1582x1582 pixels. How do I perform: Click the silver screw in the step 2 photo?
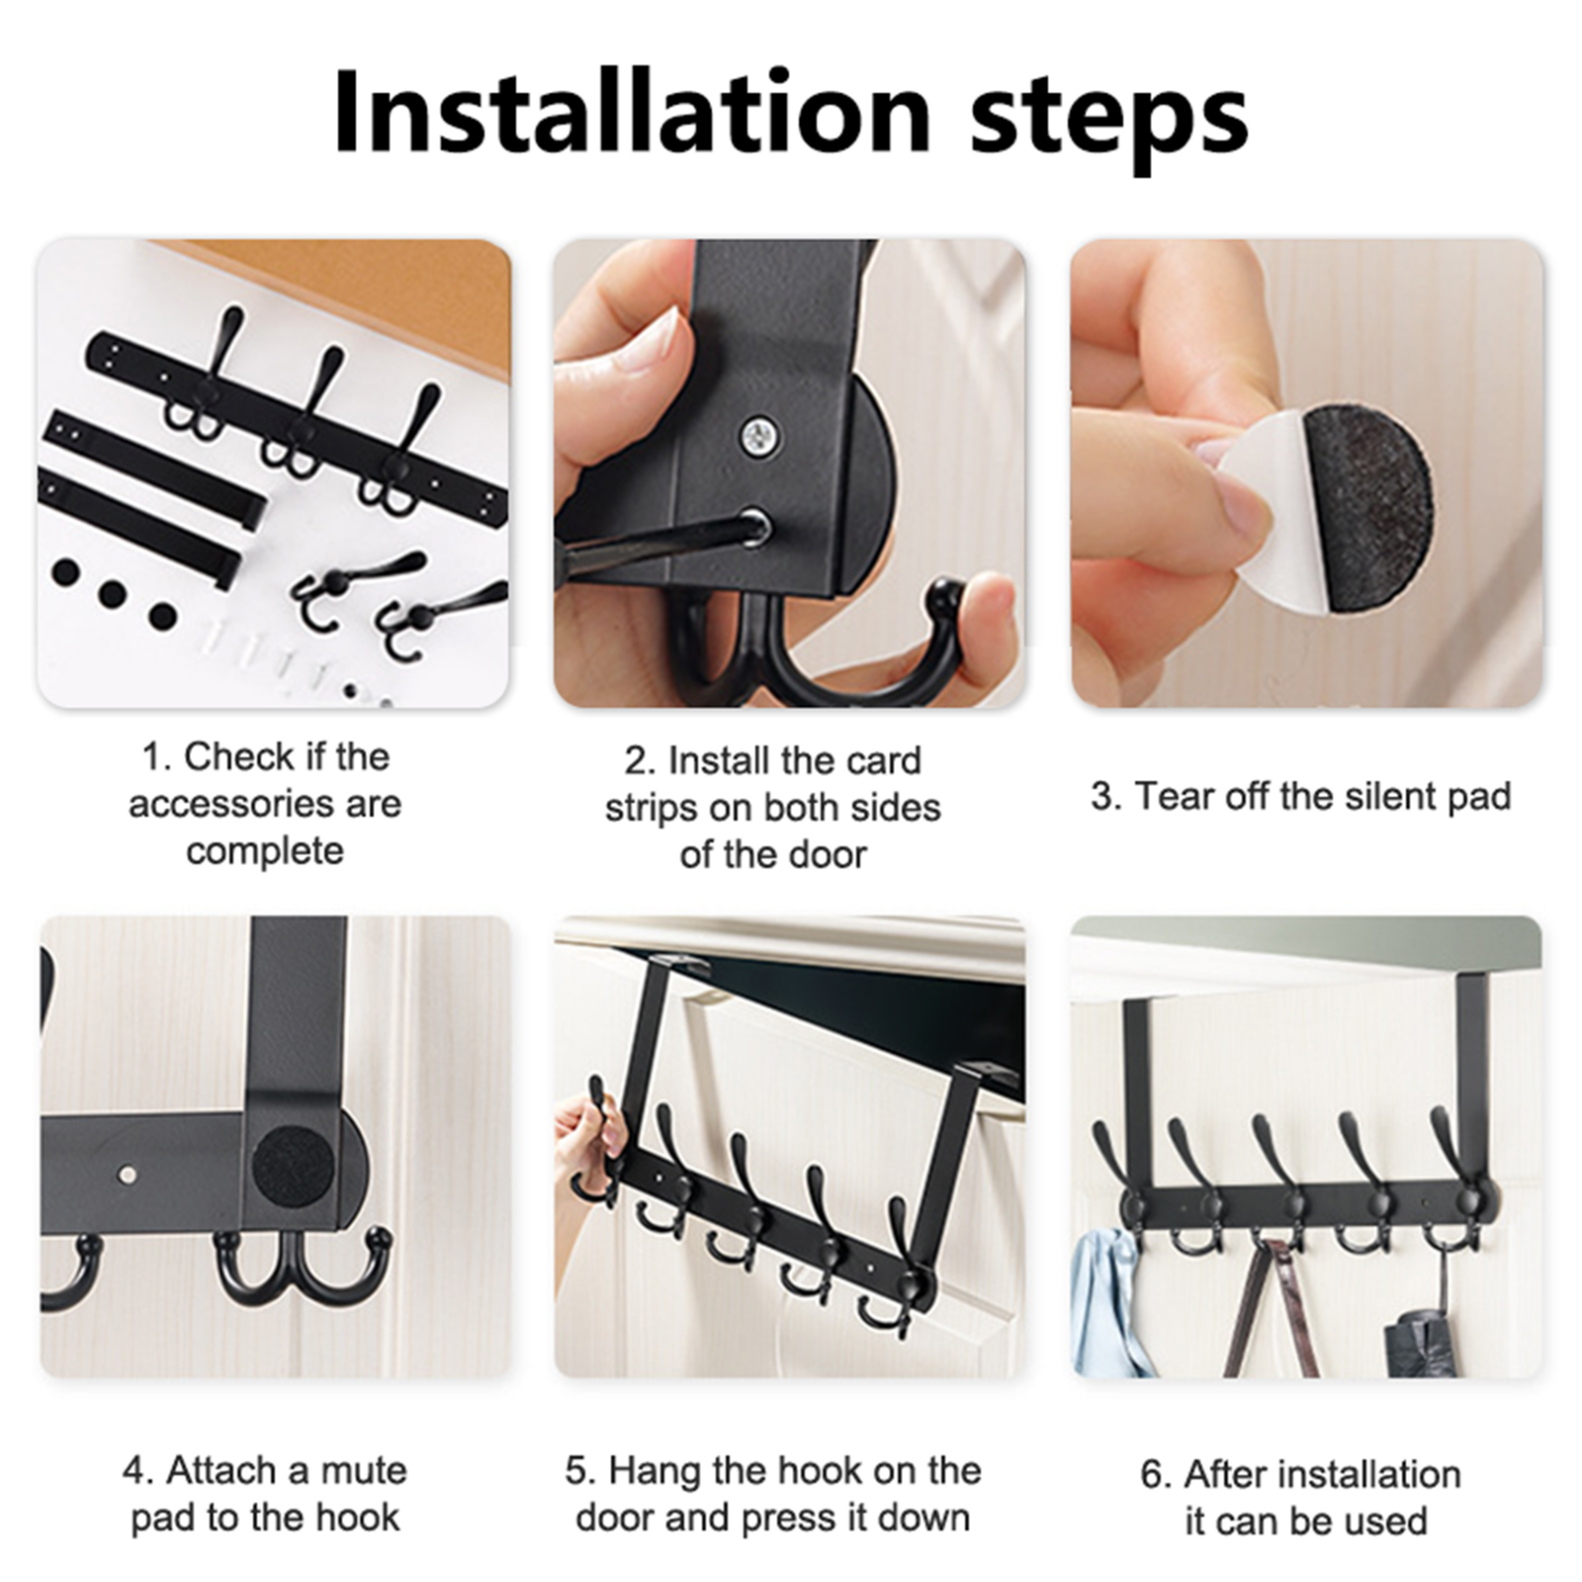759,436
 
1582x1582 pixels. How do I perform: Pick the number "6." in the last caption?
1156,1474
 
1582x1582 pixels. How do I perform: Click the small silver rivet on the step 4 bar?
130,1175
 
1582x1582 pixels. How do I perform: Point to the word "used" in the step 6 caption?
1388,1522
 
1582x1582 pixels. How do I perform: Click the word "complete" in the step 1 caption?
265,851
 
